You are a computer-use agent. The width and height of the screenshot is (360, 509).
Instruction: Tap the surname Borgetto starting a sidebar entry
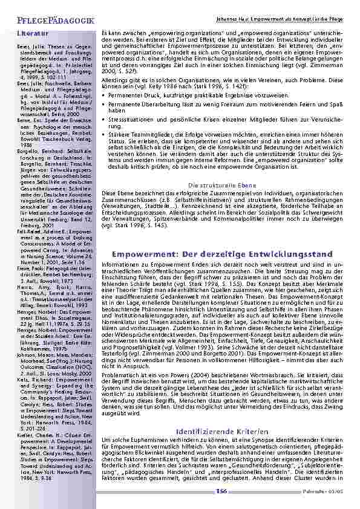click(27, 158)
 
